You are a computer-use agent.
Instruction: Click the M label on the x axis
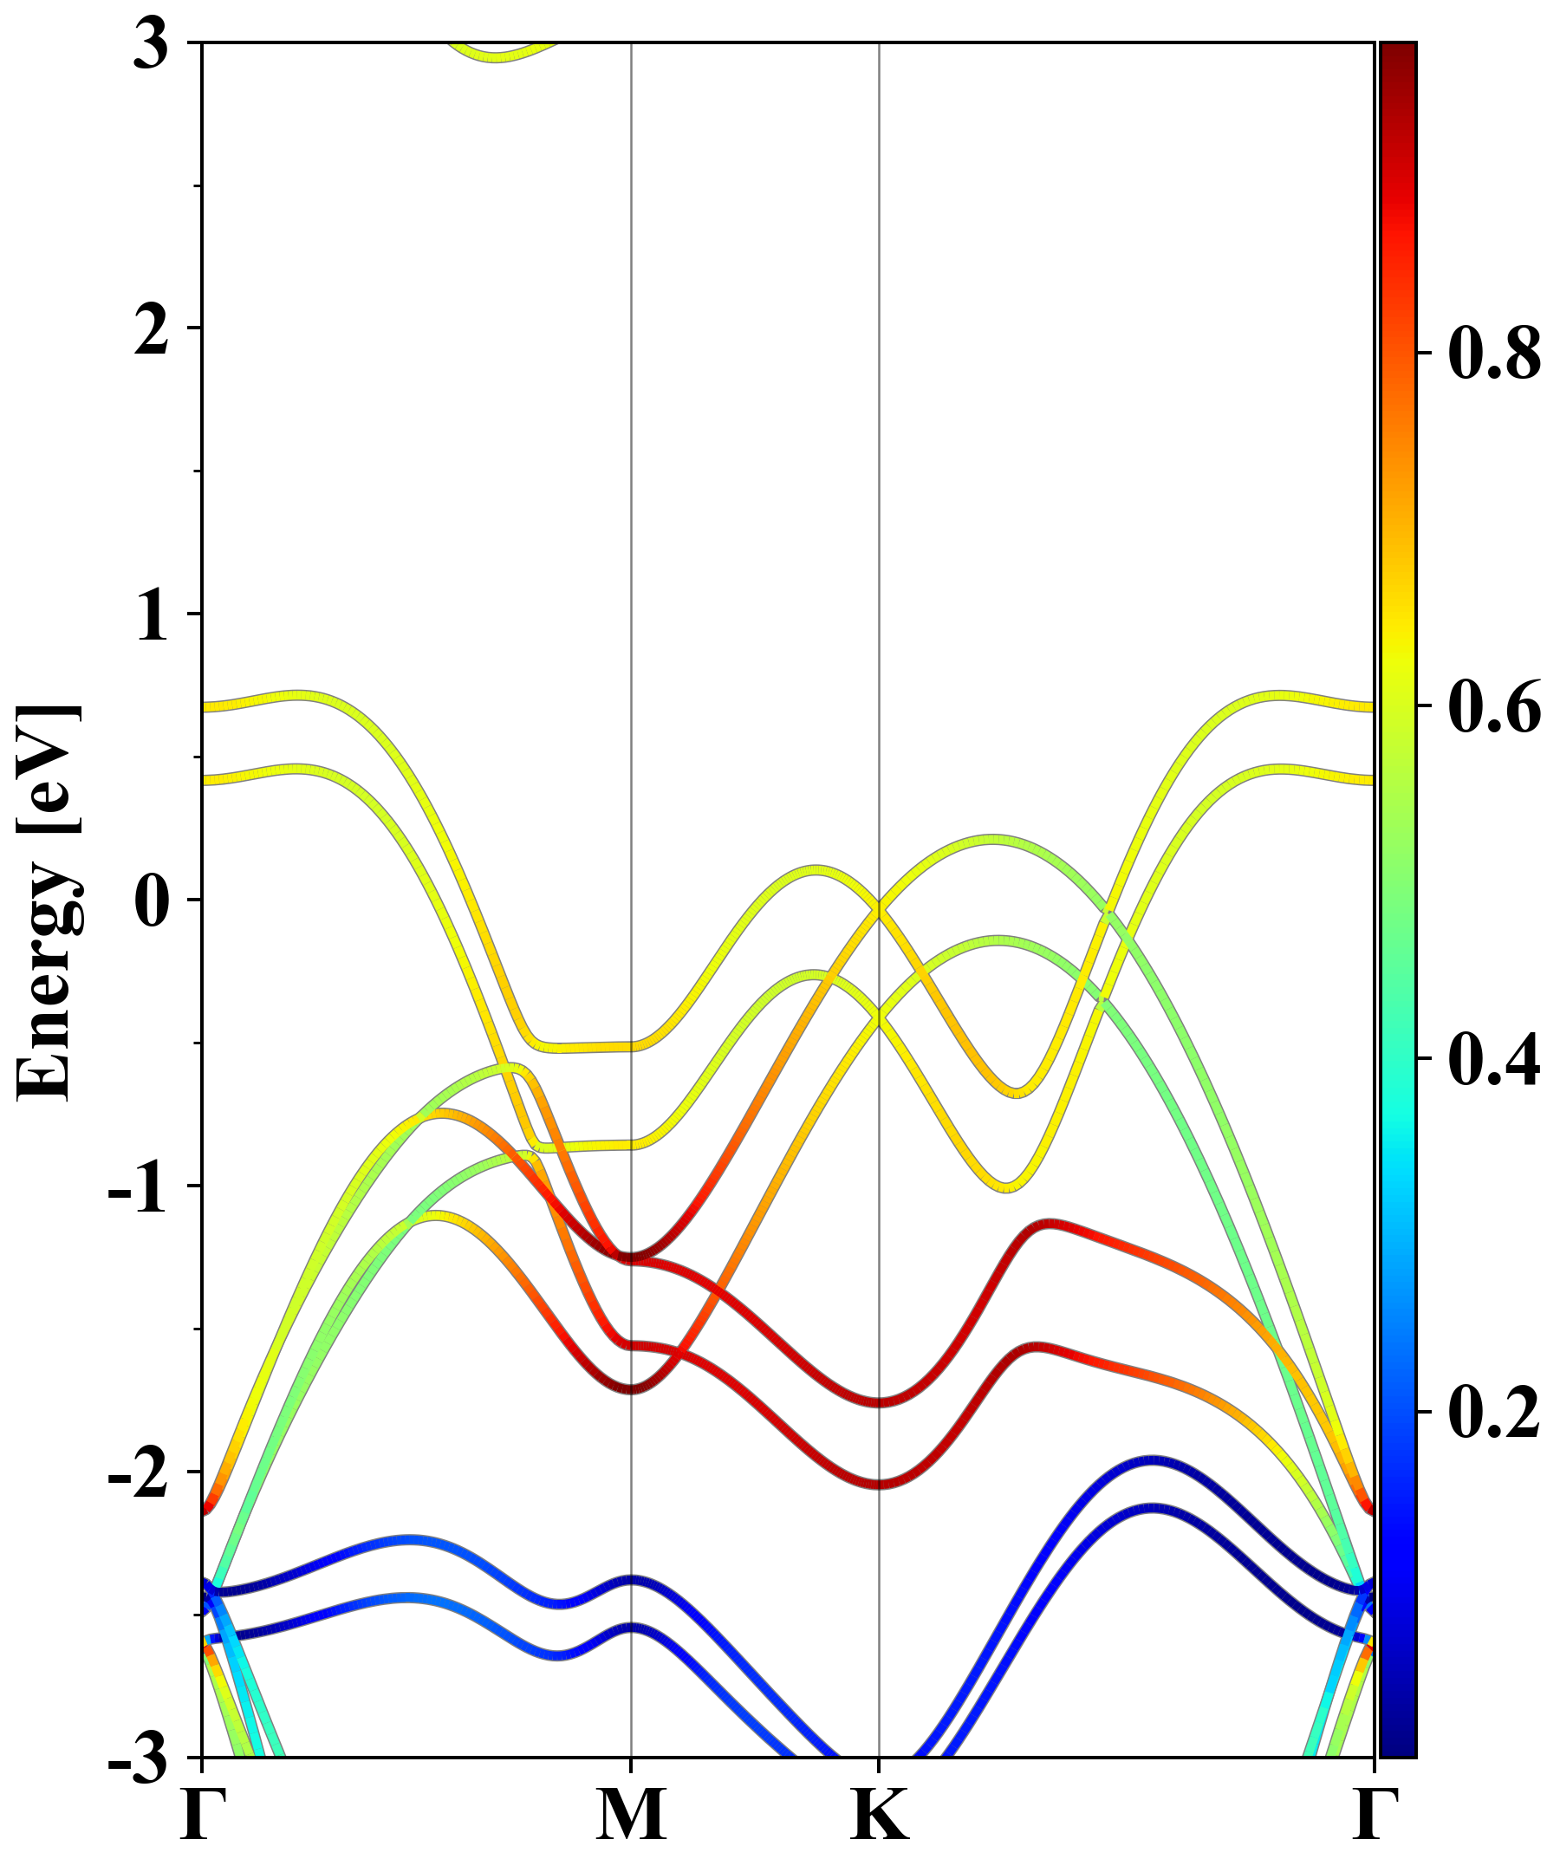coord(631,1817)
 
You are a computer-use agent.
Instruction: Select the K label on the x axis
coord(880,1817)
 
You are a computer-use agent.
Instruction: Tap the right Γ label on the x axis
coord(1374,1817)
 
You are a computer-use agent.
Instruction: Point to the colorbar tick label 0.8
coord(1494,354)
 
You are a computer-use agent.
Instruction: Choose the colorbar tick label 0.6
coord(1494,707)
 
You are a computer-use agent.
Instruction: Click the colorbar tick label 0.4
coord(1494,1060)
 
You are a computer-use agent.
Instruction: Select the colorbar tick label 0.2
coord(1494,1413)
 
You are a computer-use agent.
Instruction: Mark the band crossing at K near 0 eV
coord(880,910)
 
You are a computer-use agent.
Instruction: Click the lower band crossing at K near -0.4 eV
coord(880,1017)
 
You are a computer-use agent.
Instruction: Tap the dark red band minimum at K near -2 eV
coord(880,1484)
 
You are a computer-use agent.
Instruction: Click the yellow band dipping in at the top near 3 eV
coord(497,56)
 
